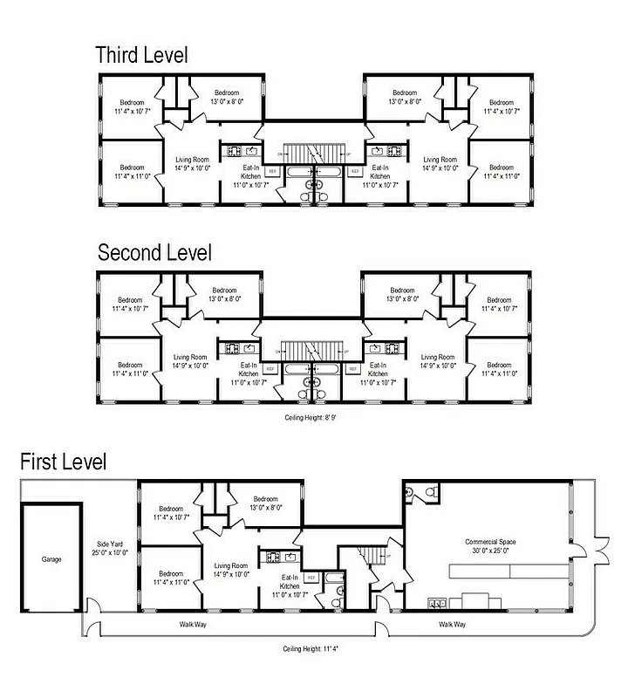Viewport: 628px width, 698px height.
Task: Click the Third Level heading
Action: (x=141, y=56)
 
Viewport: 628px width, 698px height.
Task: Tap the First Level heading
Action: (x=64, y=462)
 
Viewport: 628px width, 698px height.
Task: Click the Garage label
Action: (x=51, y=559)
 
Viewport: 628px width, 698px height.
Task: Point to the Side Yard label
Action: (x=110, y=548)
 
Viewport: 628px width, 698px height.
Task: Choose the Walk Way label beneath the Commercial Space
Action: (x=452, y=625)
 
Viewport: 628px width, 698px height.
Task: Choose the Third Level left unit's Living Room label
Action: (x=192, y=164)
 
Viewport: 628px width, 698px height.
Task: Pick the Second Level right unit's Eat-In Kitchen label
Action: (x=379, y=373)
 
